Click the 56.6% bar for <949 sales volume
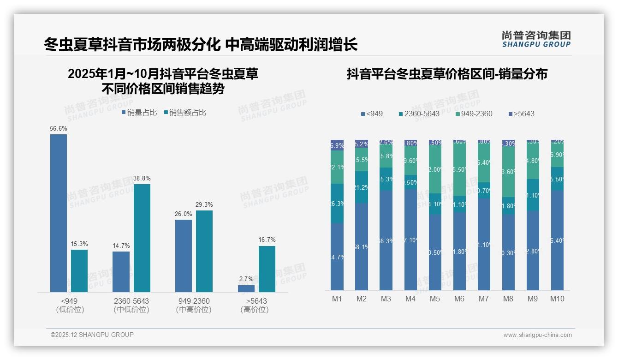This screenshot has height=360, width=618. [x=59, y=213]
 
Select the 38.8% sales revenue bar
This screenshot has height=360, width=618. [x=142, y=238]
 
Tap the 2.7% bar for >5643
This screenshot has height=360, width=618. [x=246, y=288]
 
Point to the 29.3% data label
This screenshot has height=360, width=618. [x=204, y=204]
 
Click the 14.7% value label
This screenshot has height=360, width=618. [x=121, y=246]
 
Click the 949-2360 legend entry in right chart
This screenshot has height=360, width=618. [x=473, y=114]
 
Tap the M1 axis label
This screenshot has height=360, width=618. [x=337, y=299]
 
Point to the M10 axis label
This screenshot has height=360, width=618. [x=557, y=299]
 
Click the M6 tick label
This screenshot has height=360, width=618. [x=459, y=299]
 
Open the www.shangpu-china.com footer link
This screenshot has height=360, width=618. [x=537, y=335]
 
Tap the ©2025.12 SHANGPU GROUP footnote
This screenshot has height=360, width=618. [x=92, y=335]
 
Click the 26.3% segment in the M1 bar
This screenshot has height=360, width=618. [x=337, y=204]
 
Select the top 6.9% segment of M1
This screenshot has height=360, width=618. [x=337, y=145]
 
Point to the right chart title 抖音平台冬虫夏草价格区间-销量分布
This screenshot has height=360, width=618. [x=447, y=74]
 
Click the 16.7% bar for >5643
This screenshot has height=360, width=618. [x=267, y=269]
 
